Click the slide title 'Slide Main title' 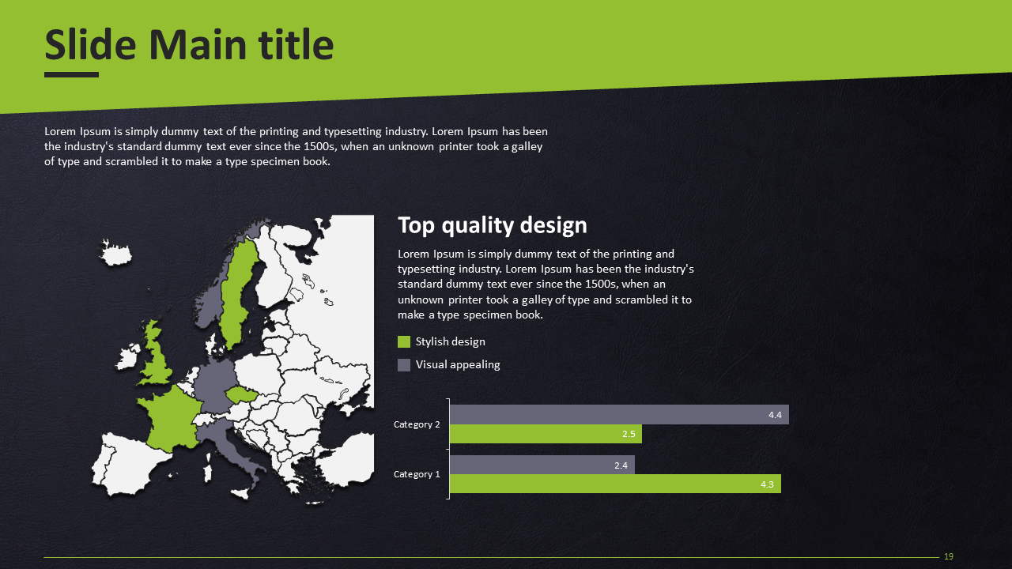189,45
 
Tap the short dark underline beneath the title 71,74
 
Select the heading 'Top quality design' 492,225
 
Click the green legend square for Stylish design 404,342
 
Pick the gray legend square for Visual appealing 404,365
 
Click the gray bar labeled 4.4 619,415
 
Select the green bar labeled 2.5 546,434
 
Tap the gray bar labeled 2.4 542,465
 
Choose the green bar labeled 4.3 615,484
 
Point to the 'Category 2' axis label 417,424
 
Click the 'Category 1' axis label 417,474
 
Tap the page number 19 949,556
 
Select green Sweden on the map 237,293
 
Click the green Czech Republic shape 241,394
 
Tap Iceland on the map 115,254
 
